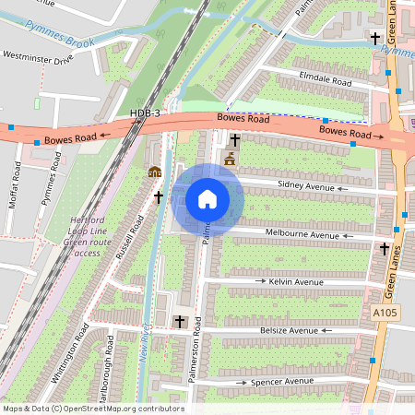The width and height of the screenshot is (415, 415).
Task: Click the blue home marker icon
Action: [207, 199]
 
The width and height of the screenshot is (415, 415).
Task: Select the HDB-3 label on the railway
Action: [145, 113]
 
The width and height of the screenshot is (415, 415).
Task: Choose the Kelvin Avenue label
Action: [290, 279]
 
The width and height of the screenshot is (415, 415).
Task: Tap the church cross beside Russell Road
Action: [158, 197]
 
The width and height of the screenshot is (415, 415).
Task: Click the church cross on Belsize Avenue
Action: [180, 322]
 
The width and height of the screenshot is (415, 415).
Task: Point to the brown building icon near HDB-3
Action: [154, 172]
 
